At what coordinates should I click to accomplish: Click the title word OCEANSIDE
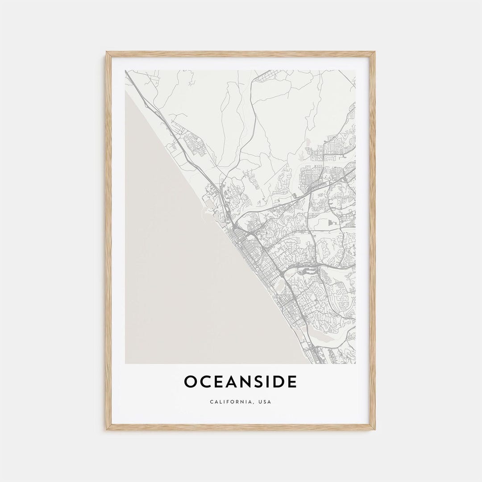(241, 382)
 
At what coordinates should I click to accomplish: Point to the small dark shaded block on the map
(331, 222)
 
